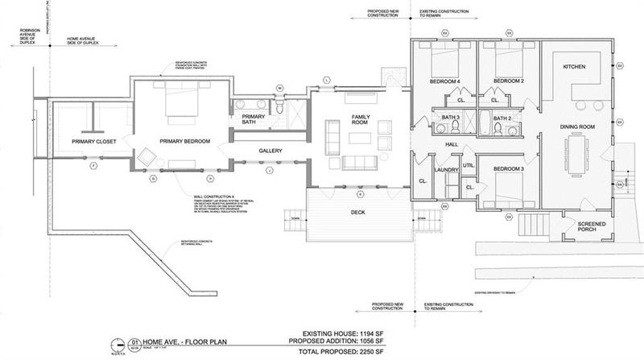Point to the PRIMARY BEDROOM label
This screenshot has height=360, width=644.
tap(184, 142)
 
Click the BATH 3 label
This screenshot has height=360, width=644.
tap(451, 119)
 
